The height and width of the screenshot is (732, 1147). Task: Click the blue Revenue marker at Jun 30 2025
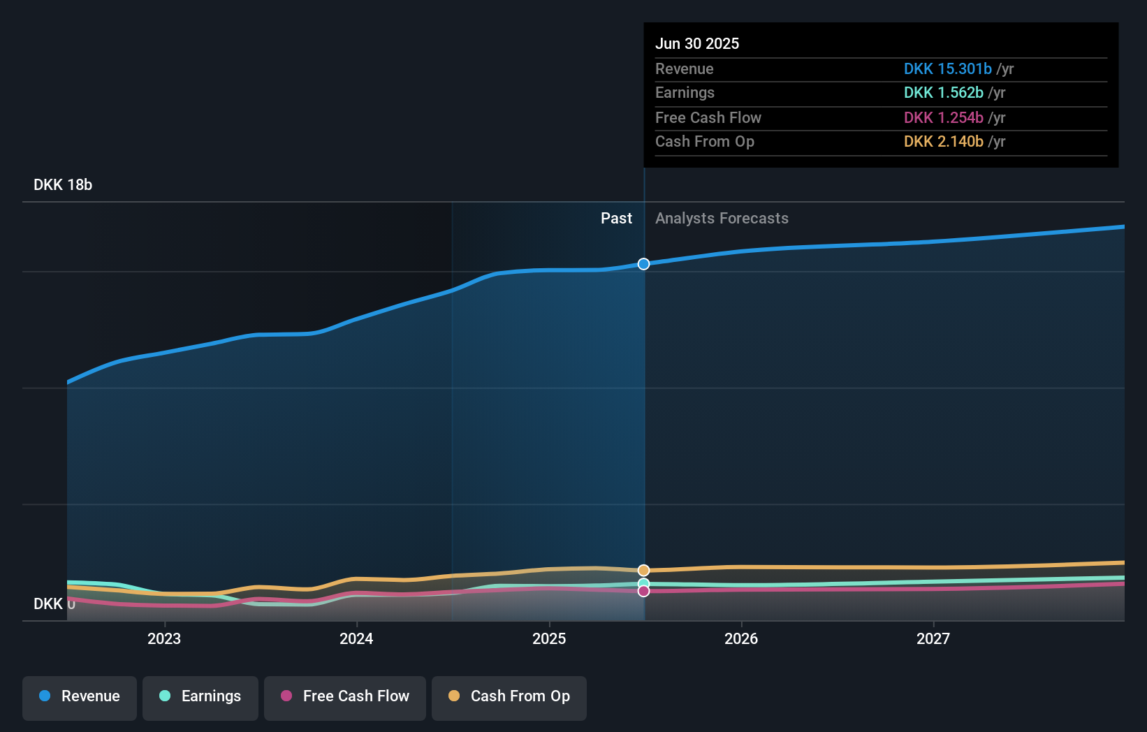pos(643,264)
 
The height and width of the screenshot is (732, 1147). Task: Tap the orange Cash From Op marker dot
pos(643,571)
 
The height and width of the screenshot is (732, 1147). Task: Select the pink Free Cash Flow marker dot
pos(643,592)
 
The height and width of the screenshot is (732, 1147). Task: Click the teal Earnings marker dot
pos(643,583)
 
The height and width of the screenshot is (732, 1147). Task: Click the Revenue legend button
pos(80,696)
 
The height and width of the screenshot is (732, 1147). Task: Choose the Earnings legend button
pos(200,696)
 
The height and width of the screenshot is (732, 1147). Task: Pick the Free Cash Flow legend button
pos(345,696)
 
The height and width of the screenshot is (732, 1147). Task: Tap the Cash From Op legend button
pos(509,696)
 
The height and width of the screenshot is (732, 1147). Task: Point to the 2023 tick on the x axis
pos(164,638)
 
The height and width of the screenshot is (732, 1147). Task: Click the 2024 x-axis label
pos(356,638)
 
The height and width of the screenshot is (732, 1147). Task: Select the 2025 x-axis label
pos(549,638)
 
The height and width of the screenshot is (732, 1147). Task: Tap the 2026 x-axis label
pos(741,638)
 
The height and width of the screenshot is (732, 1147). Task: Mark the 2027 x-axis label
pos(933,638)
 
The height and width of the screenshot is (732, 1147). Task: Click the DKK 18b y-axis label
pos(63,185)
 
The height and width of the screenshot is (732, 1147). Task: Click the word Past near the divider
pos(616,219)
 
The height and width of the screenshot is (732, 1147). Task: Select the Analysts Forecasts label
pos(722,219)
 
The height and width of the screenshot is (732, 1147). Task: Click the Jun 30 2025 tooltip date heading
pos(696,43)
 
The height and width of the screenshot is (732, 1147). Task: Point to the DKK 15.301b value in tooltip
pos(947,68)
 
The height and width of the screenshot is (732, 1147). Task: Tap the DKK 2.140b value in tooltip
pos(943,142)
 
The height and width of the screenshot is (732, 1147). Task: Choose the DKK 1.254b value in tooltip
pos(943,117)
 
